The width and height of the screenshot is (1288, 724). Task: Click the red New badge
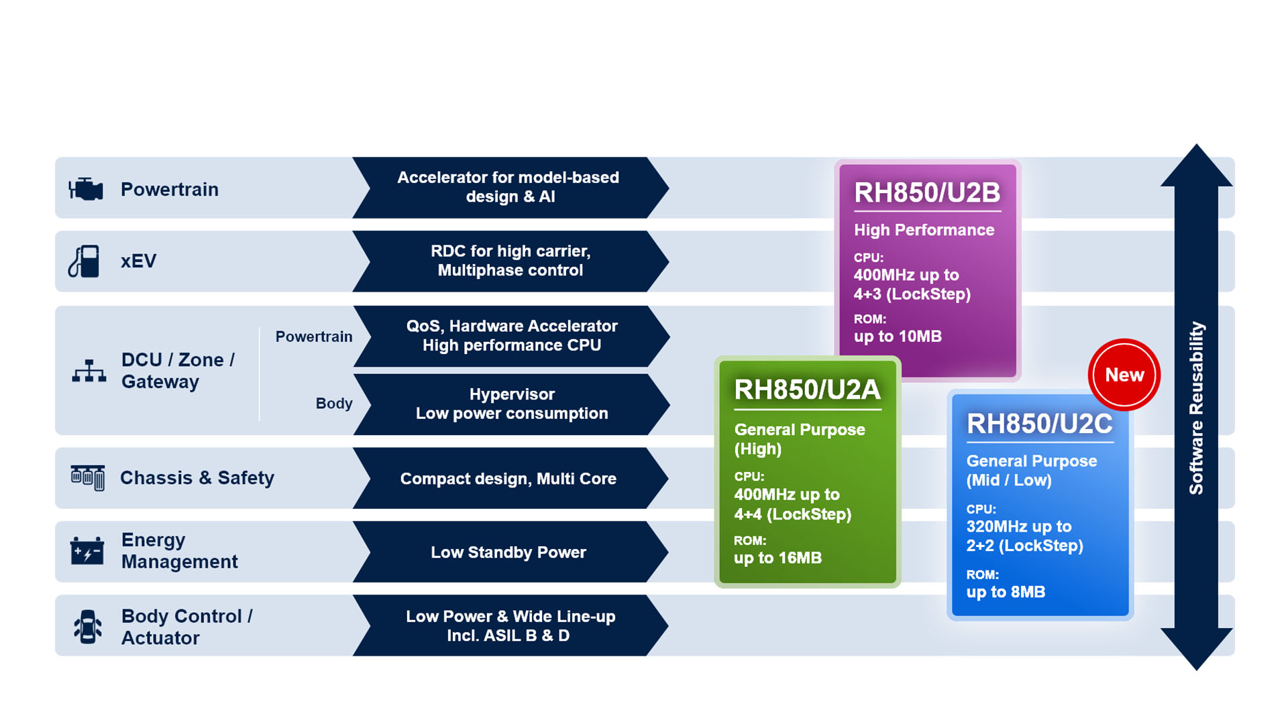click(1124, 375)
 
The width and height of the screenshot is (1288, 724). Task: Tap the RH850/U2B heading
click(927, 193)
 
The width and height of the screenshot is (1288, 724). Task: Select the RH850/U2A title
click(807, 389)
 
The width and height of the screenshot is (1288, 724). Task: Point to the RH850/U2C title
click(1039, 424)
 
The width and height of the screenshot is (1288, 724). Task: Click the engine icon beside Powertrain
click(86, 189)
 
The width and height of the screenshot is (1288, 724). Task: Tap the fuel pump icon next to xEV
click(85, 261)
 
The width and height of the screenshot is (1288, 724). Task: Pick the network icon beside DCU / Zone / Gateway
click(89, 371)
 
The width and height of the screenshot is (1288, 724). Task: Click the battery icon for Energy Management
click(87, 551)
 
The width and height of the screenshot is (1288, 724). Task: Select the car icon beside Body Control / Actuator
click(87, 626)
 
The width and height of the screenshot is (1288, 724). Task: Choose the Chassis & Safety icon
click(88, 477)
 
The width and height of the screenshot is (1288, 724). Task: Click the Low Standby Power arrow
click(508, 552)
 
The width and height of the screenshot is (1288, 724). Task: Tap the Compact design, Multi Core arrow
click(508, 479)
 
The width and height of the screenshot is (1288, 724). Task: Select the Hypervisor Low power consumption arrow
click(511, 404)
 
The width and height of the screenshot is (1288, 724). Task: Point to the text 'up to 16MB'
click(777, 558)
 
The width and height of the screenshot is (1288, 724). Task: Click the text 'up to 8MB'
click(1006, 592)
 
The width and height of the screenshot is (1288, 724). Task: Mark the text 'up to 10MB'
click(898, 337)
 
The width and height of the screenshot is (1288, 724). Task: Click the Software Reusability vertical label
click(1196, 408)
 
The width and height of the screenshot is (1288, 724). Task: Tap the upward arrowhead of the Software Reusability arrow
click(1196, 165)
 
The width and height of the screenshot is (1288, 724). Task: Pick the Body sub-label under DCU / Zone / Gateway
click(333, 404)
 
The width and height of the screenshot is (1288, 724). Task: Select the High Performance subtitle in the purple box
click(924, 230)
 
